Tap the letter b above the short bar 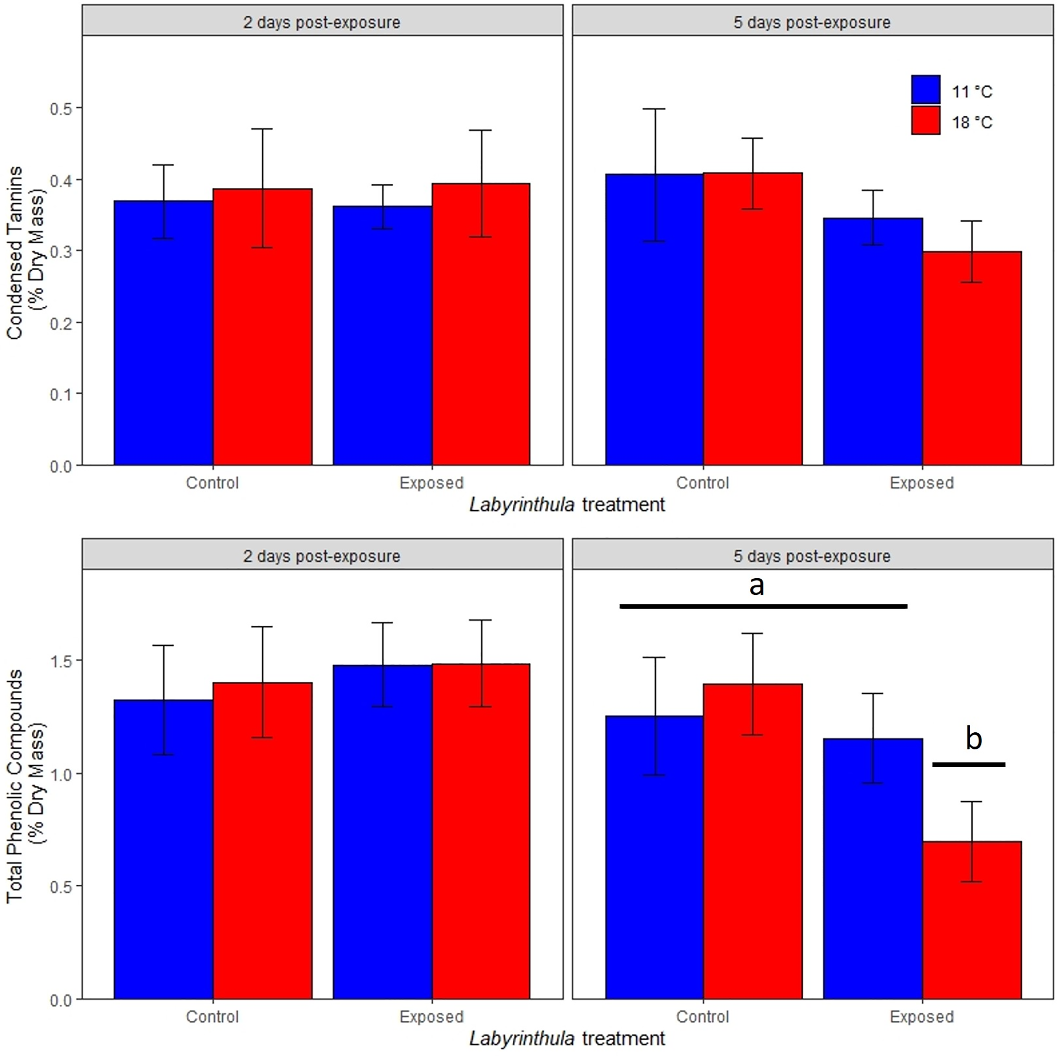click(973, 738)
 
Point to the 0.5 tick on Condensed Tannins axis click(61, 108)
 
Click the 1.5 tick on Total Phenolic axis click(61, 661)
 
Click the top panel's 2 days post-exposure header click(322, 22)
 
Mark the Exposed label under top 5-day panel click(921, 483)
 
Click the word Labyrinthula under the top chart click(521, 504)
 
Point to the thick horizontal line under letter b click(968, 764)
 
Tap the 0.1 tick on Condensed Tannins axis click(61, 394)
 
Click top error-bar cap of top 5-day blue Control click(654, 109)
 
